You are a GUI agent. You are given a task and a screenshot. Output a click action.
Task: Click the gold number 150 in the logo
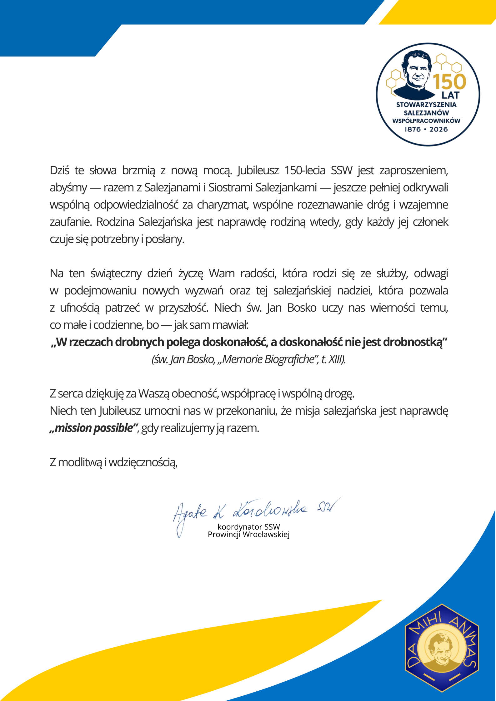pos(449,82)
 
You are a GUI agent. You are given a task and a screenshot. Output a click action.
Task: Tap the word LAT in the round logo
pos(450,95)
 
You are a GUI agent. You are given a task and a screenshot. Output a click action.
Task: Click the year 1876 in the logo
pos(413,129)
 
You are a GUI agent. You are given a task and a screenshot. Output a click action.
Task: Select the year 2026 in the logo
pos(438,129)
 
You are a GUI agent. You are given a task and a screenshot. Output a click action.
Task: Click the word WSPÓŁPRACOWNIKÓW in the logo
pos(426,121)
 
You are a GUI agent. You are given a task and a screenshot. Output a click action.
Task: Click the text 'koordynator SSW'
pos(249,527)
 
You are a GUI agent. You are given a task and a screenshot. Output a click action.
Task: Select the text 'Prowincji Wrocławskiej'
pos(249,535)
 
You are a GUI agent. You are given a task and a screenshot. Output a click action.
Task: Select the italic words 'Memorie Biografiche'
pos(268,359)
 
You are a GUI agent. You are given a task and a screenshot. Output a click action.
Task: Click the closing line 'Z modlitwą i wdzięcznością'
pos(114,462)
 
